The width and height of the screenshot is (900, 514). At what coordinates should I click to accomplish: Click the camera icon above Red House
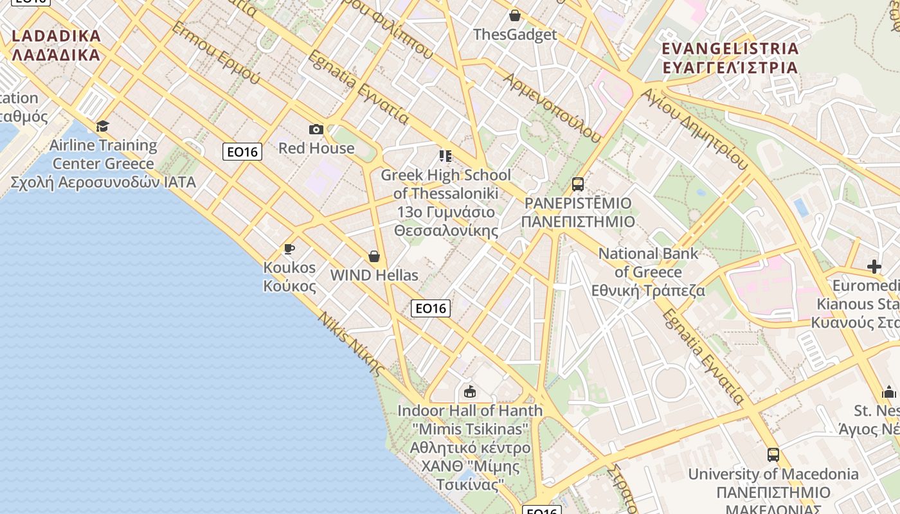(316, 130)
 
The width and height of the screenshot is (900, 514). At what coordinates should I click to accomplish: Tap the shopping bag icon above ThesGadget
(514, 15)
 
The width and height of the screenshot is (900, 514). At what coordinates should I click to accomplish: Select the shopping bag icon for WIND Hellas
(374, 257)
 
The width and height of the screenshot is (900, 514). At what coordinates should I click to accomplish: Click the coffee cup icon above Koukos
(289, 249)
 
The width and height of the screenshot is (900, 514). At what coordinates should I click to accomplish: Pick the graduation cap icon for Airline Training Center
(102, 126)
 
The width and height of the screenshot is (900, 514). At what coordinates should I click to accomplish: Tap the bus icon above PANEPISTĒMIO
(577, 184)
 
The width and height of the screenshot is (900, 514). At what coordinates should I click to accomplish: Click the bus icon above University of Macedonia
(773, 455)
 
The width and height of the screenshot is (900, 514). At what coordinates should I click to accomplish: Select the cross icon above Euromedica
(874, 266)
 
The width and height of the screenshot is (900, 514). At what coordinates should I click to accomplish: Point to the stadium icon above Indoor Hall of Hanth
(470, 391)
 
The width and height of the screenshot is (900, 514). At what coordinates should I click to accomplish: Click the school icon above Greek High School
(446, 156)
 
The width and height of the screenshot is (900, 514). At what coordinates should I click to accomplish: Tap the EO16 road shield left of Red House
(242, 152)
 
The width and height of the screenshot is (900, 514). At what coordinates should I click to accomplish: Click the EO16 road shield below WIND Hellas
(430, 308)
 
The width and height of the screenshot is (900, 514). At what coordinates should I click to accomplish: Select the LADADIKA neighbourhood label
(57, 45)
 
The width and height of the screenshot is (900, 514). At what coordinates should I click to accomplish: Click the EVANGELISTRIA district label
(730, 58)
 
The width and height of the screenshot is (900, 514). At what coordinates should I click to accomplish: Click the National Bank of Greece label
(648, 272)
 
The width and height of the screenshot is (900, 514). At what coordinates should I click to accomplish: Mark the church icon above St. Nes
(889, 392)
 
